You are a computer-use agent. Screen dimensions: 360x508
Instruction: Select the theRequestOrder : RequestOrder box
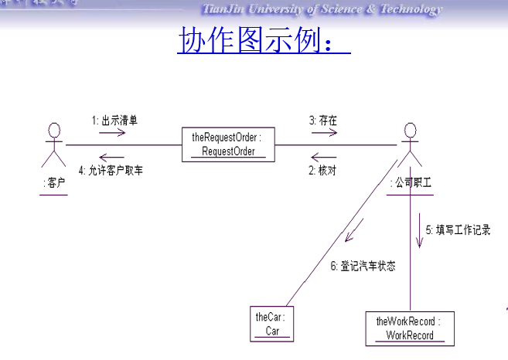coord(228,144)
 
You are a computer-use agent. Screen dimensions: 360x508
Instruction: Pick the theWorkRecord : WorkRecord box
coord(409,328)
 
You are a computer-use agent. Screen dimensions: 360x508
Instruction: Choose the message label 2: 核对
coord(323,170)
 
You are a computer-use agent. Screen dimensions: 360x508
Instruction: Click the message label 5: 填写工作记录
coord(458,229)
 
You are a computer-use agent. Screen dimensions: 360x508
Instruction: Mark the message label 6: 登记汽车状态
coord(363,266)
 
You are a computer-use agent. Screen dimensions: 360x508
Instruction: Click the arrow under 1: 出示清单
coord(111,132)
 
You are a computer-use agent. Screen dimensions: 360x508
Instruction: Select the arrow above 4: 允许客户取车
coord(111,158)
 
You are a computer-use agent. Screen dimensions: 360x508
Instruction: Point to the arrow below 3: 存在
coord(324,132)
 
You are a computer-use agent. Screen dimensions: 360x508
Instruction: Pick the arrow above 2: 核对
coord(324,158)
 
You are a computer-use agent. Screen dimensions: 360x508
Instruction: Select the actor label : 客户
coord(54,184)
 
